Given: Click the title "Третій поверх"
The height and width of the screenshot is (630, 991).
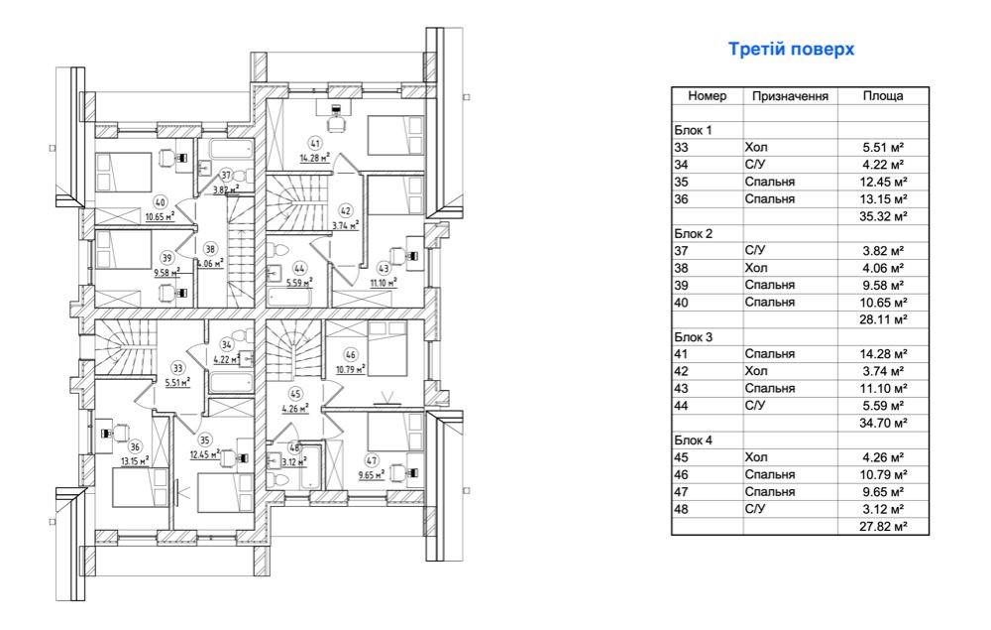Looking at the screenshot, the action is click(x=791, y=50).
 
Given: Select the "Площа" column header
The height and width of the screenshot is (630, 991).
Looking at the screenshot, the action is click(x=883, y=95).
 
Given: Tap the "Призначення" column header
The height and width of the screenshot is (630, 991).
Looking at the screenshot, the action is click(x=790, y=96).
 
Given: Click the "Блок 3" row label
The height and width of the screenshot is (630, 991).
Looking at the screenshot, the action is click(x=694, y=337).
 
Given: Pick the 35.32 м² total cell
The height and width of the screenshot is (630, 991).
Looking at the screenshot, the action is click(x=883, y=216).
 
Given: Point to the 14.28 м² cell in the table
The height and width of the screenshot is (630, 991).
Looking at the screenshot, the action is click(x=883, y=354).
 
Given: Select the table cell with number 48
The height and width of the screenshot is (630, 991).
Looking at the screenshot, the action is click(x=682, y=509).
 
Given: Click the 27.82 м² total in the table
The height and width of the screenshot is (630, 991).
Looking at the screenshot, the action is click(x=883, y=526).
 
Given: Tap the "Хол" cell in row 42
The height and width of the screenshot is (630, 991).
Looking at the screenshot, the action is click(x=756, y=371).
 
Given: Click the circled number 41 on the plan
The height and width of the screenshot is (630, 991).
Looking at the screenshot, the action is click(x=315, y=144).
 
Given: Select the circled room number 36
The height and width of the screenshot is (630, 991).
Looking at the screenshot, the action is click(x=135, y=446).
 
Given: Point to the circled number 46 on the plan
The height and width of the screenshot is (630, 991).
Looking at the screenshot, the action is click(x=351, y=355).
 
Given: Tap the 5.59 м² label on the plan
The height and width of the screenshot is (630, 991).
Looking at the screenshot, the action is click(x=299, y=283).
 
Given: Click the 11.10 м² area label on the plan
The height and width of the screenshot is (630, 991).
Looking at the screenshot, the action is click(x=383, y=282).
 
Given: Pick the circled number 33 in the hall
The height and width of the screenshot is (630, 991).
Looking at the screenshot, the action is click(x=178, y=368).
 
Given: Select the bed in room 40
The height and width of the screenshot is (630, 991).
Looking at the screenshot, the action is click(x=124, y=172).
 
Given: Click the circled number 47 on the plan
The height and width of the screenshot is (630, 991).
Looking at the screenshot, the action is click(x=372, y=461).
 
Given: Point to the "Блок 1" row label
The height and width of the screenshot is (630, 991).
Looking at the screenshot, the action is click(x=694, y=130).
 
